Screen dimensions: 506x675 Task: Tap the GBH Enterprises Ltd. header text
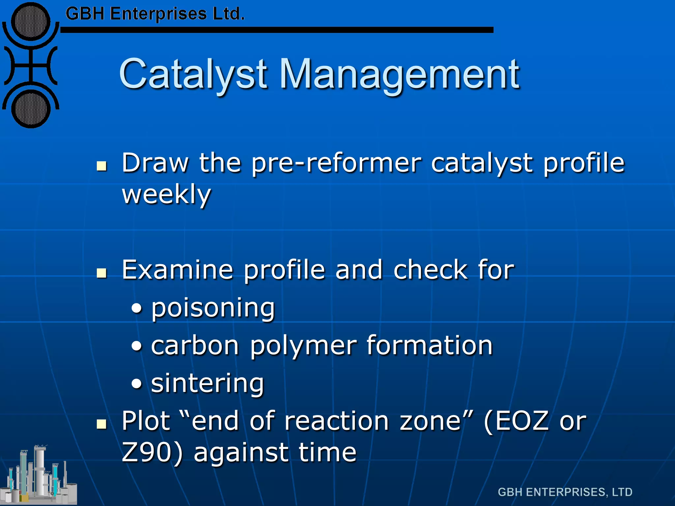pyautogui.click(x=155, y=14)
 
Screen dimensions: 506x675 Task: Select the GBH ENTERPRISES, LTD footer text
pyautogui.click(x=565, y=492)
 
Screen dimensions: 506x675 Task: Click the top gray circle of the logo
pyautogui.click(x=31, y=22)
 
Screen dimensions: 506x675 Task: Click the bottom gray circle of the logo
pyautogui.click(x=31, y=109)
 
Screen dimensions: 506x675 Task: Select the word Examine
pyautogui.click(x=177, y=270)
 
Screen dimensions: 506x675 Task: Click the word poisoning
pyautogui.click(x=213, y=308)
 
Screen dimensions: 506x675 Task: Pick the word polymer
pyautogui.click(x=303, y=347)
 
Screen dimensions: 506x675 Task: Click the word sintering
pyautogui.click(x=208, y=384)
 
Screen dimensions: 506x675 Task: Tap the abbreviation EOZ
pyautogui.click(x=522, y=421)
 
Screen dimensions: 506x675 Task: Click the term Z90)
pyautogui.click(x=152, y=453)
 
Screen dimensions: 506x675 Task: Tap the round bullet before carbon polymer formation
pyautogui.click(x=137, y=347)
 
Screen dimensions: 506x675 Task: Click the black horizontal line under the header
pyautogui.click(x=277, y=30)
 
